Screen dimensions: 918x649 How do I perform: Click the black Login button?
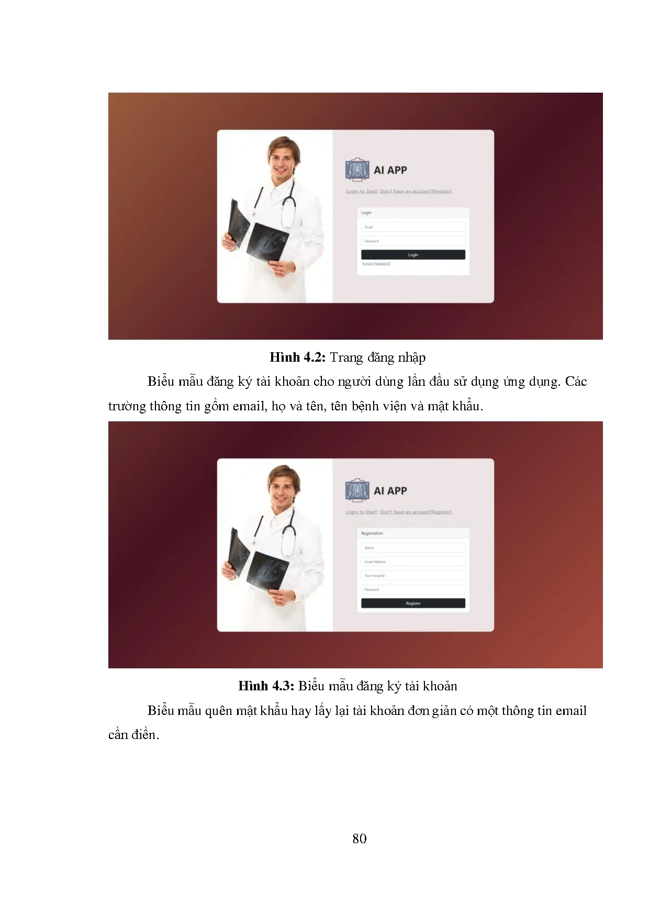click(413, 255)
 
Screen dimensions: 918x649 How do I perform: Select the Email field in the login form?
click(413, 227)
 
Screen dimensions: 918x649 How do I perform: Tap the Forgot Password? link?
click(376, 264)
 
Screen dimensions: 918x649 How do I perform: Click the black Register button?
click(413, 603)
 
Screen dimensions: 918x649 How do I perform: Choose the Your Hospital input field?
click(413, 576)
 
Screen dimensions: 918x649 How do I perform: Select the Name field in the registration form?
click(413, 548)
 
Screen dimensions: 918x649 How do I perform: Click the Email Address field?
click(413, 562)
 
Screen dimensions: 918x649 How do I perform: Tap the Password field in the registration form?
click(413, 589)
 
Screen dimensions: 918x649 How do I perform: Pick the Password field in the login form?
click(413, 241)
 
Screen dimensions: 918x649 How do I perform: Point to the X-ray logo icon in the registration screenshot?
click(357, 490)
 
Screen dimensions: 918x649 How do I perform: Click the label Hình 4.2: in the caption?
click(298, 357)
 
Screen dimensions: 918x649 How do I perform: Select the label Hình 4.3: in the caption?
click(266, 686)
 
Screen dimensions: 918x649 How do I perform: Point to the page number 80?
click(360, 838)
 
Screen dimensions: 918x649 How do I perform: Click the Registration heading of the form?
click(372, 533)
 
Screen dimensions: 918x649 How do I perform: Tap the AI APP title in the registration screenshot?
click(390, 491)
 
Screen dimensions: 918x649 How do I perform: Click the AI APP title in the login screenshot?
click(390, 170)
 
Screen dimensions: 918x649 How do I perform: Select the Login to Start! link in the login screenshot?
click(362, 192)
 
